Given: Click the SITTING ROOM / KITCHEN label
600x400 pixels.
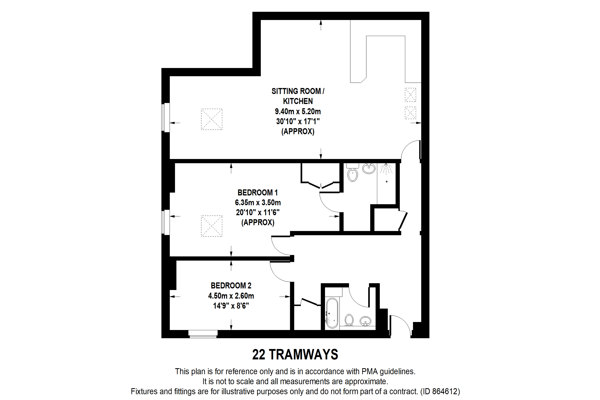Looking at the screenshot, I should tap(298, 96).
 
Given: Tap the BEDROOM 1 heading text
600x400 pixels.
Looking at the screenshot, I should tap(258, 192).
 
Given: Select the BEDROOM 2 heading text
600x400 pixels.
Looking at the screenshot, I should tap(231, 285).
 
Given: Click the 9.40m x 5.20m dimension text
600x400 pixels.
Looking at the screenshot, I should tap(298, 111).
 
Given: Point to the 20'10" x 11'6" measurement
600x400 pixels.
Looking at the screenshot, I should tap(258, 212).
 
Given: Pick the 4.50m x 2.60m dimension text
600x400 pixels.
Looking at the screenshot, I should tap(231, 296).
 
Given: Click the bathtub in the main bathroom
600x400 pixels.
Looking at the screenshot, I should tap(332, 313).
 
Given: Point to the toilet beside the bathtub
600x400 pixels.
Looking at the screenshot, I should tap(349, 320).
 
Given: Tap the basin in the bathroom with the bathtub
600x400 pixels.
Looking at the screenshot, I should tap(365, 321).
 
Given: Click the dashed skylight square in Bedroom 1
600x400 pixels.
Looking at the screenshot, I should tap(211, 226).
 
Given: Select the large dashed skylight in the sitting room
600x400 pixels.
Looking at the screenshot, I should tap(211, 119).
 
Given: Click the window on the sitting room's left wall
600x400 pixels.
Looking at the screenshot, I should tap(166, 117).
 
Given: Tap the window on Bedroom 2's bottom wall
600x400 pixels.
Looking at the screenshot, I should tap(203, 334).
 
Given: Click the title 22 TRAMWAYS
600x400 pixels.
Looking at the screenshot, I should tap(295, 354).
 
